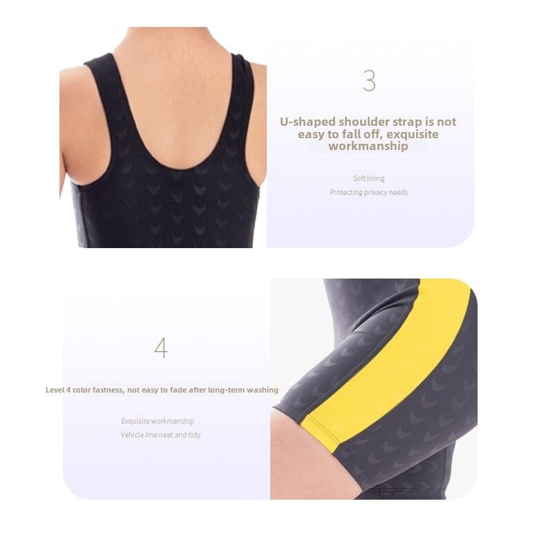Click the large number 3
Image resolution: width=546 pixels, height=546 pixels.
pyautogui.click(x=369, y=80)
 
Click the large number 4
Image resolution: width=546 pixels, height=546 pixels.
pyautogui.click(x=161, y=348)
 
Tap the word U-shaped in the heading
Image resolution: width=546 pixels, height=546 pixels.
pyautogui.click(x=308, y=122)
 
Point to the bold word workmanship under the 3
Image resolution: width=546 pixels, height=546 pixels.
pyautogui.click(x=368, y=146)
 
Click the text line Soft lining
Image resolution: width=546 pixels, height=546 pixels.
pyautogui.click(x=369, y=178)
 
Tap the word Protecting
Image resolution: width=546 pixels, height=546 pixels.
pyautogui.click(x=346, y=193)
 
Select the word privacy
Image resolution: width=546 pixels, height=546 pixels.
pyautogui.click(x=376, y=193)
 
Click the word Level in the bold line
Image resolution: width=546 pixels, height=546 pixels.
pyautogui.click(x=55, y=390)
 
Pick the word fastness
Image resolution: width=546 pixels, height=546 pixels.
pyautogui.click(x=109, y=390)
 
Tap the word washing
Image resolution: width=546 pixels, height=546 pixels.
pyautogui.click(x=263, y=390)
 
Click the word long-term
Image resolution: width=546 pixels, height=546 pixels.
pyautogui.click(x=227, y=390)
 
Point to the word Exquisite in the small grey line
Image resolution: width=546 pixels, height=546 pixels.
pyautogui.click(x=135, y=422)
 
